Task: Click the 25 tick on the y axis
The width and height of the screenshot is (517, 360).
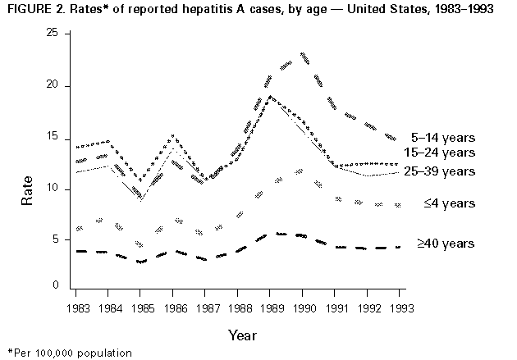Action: click(52, 32)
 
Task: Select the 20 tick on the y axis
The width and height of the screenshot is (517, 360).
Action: click(52, 85)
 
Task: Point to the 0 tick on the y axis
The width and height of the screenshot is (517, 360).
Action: click(55, 286)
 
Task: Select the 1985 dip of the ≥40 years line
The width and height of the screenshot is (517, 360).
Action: click(141, 262)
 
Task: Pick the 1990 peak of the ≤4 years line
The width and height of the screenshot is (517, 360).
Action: click(303, 171)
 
